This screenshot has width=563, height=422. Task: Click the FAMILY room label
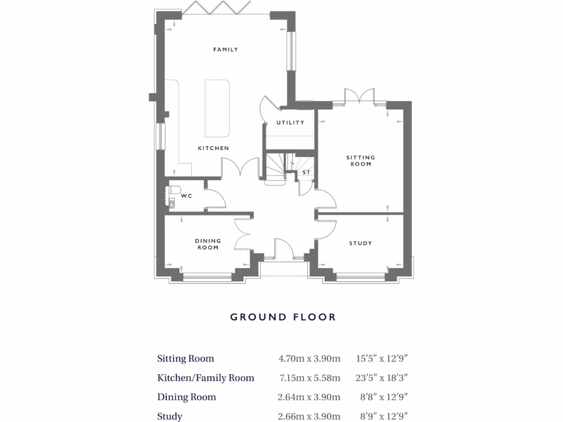[x=225, y=49]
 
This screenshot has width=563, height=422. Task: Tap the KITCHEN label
[x=213, y=148]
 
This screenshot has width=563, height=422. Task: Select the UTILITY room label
[x=290, y=123]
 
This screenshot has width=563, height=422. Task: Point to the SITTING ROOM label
[x=361, y=160]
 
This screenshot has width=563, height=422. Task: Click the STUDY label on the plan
[x=360, y=243]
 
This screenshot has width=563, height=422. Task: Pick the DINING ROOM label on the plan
[x=208, y=244]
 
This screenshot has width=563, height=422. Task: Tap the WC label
[x=186, y=196]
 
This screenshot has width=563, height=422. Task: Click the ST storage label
[x=307, y=173]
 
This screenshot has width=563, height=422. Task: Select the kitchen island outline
[x=217, y=108]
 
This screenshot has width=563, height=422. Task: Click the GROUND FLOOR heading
[x=283, y=317]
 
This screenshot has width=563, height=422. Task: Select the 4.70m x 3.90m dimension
[x=310, y=359]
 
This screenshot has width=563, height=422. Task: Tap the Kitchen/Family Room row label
[x=206, y=378]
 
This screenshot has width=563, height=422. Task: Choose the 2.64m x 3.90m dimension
[x=310, y=397]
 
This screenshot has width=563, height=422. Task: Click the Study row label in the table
[x=170, y=417]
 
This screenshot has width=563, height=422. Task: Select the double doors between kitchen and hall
[x=240, y=168]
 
